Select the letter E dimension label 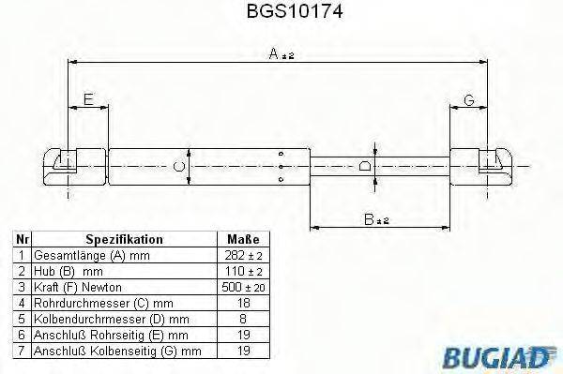[87, 99]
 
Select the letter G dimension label [468, 99]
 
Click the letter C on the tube [179, 166]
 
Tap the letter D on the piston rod [367, 165]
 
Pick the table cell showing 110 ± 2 [241, 271]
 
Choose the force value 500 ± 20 [241, 286]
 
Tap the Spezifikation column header [124, 240]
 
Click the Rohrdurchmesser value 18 [241, 302]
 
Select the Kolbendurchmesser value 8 [241, 317]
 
